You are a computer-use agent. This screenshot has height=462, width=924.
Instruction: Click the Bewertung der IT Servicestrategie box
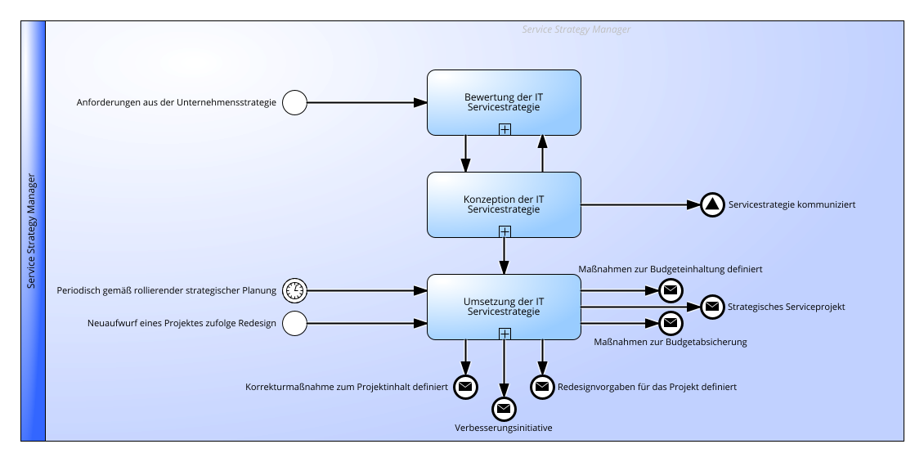pyautogui.click(x=504, y=102)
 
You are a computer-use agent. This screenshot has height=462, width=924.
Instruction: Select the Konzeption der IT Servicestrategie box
pyautogui.click(x=504, y=204)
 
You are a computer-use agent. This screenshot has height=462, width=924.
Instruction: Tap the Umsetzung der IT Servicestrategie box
pyautogui.click(x=504, y=307)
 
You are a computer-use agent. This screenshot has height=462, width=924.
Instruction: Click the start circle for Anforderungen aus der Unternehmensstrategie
pyautogui.click(x=294, y=102)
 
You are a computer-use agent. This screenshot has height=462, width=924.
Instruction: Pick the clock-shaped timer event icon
pyautogui.click(x=294, y=290)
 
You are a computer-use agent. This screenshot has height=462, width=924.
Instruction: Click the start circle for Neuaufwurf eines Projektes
pyautogui.click(x=294, y=324)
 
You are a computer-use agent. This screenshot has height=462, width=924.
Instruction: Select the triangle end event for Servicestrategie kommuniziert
pyautogui.click(x=712, y=205)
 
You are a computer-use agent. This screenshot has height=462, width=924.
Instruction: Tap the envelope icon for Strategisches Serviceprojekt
pyautogui.click(x=712, y=307)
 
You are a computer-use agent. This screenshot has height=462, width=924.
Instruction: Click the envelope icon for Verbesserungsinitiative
pyautogui.click(x=504, y=409)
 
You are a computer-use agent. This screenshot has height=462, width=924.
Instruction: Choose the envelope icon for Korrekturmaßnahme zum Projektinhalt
pyautogui.click(x=465, y=387)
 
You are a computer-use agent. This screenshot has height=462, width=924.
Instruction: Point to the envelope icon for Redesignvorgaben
pyautogui.click(x=542, y=387)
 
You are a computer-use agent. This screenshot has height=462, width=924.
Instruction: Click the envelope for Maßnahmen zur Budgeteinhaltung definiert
pyautogui.click(x=671, y=290)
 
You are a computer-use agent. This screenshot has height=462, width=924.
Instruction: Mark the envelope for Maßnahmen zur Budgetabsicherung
pyautogui.click(x=671, y=324)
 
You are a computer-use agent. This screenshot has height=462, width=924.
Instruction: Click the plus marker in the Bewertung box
pyautogui.click(x=505, y=129)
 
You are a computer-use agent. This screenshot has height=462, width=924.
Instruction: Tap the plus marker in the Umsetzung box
pyautogui.click(x=505, y=334)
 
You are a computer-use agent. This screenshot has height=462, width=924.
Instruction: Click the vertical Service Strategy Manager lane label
pyautogui.click(x=32, y=231)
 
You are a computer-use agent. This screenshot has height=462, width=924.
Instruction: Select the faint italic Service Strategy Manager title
pyautogui.click(x=576, y=29)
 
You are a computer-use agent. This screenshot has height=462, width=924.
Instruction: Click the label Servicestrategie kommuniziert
pyautogui.click(x=792, y=205)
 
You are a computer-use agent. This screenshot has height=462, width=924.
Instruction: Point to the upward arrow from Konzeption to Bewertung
pyautogui.click(x=543, y=154)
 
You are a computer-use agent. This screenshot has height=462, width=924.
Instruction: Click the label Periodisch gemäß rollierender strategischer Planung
pyautogui.click(x=167, y=290)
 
